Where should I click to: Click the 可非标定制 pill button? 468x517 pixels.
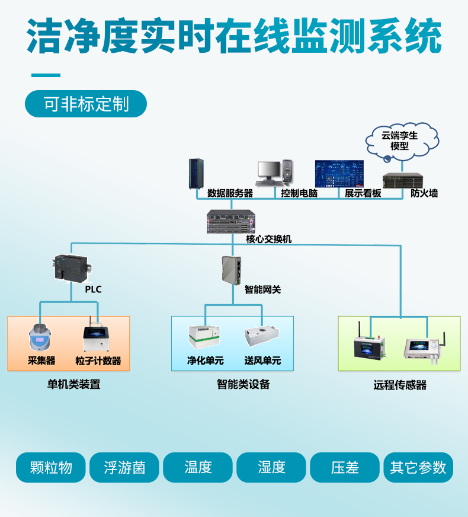click(86, 104)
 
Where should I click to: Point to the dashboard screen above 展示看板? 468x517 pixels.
click(339, 173)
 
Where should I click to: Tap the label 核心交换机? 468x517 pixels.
click(269, 240)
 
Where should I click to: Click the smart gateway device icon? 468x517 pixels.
click(231, 269)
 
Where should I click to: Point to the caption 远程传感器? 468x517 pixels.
click(400, 385)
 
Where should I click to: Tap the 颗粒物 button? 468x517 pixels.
click(51, 468)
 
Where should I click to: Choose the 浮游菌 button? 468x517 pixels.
click(124, 468)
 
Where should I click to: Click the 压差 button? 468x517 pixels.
click(345, 468)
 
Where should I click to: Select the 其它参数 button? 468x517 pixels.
click(418, 468)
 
